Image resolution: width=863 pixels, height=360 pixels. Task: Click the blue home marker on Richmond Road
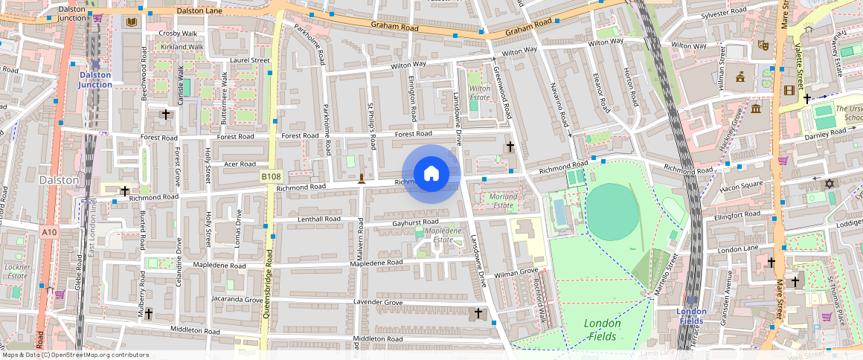(431, 173)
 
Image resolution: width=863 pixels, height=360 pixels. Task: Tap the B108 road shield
(271, 176)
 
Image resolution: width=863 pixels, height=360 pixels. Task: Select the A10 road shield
(49, 233)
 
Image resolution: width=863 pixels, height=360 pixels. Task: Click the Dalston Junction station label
(95, 80)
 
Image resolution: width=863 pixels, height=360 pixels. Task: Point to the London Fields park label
(602, 330)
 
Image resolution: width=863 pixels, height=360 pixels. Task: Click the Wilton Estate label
(480, 92)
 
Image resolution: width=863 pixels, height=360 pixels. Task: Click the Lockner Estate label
(17, 271)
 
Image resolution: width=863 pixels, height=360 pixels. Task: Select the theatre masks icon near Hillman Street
(762, 45)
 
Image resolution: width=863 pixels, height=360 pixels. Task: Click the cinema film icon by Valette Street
(789, 91)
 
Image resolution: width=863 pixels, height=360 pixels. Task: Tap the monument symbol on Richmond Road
(362, 178)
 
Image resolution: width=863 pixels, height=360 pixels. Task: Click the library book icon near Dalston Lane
(132, 23)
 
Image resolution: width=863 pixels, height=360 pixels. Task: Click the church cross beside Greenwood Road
(510, 147)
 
